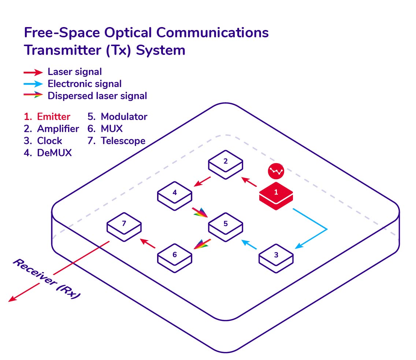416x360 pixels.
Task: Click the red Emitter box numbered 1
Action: point(276,196)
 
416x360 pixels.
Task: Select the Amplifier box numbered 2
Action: point(226,165)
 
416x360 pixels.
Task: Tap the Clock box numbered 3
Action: point(276,258)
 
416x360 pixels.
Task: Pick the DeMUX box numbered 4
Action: point(175,196)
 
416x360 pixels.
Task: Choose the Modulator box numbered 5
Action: point(226,227)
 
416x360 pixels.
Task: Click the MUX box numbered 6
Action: point(175,258)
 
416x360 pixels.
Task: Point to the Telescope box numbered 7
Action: point(124,227)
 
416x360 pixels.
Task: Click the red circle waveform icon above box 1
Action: point(276,171)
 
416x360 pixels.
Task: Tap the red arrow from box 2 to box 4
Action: point(202,181)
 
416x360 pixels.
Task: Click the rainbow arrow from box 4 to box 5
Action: point(200,212)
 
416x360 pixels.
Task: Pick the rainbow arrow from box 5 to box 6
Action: point(203,244)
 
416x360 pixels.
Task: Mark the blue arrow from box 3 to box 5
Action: point(249,244)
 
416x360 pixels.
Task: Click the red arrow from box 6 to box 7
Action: point(148,243)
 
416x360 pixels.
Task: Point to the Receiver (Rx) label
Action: point(47,279)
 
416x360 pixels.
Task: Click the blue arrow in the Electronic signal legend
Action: point(33,84)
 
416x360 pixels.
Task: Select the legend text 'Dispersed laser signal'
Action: point(97,96)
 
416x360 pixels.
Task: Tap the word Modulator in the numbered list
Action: point(124,117)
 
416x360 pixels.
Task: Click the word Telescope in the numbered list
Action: point(123,141)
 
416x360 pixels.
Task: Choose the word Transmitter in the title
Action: point(63,50)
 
